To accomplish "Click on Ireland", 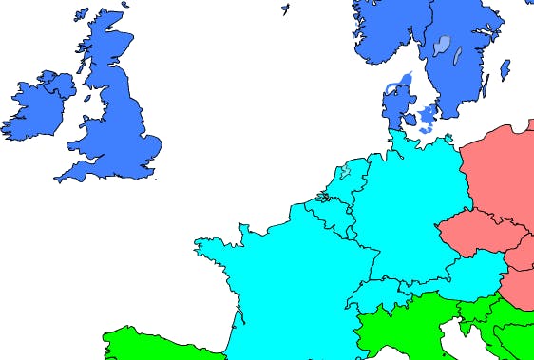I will point(33,104).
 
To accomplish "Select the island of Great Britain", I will point(119,123).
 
